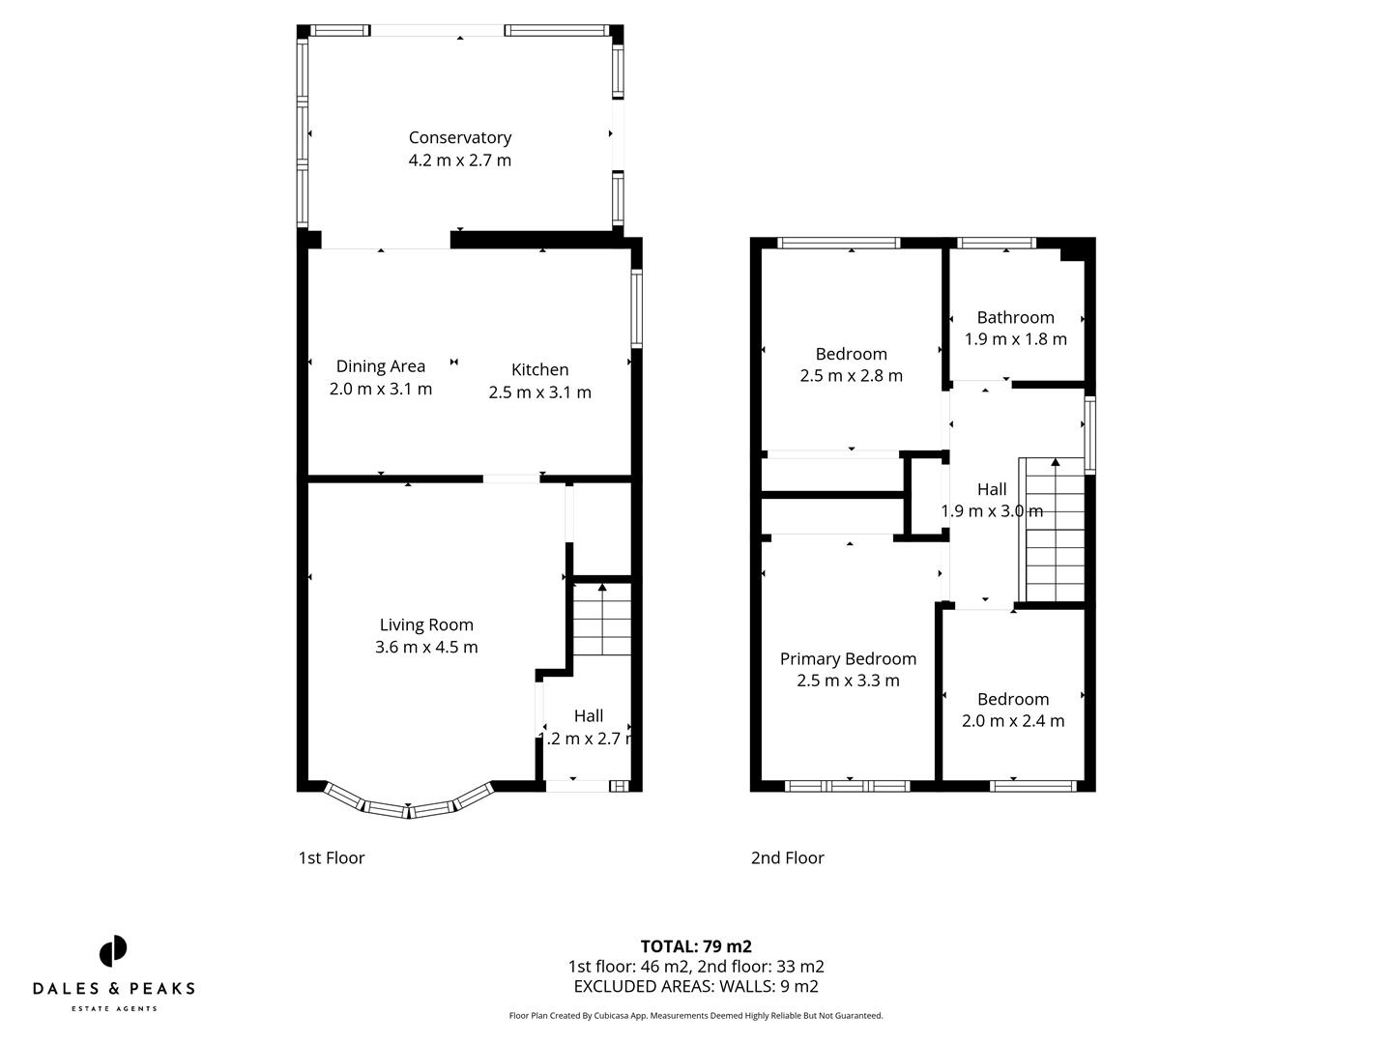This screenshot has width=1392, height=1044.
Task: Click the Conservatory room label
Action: [x=459, y=137]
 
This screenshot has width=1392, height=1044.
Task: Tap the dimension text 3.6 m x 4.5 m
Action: [x=426, y=647]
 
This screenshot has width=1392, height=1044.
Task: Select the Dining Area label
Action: [x=380, y=366]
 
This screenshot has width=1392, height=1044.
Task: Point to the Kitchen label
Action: [x=539, y=369]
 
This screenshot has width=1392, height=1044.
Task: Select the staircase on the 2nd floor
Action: [x=1054, y=532]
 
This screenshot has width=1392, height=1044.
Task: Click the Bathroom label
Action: [x=1015, y=317]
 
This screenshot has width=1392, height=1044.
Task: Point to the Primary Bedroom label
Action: [x=848, y=658]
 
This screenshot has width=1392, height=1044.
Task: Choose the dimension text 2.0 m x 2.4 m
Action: [x=1013, y=720]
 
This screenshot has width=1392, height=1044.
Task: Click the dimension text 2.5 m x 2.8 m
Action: [x=851, y=375]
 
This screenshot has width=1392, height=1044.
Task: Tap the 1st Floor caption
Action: [x=332, y=857]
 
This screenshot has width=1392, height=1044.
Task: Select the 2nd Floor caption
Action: [x=787, y=857]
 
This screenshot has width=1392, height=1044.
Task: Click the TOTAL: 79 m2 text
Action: [x=696, y=946]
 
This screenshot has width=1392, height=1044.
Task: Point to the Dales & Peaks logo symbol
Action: [x=113, y=951]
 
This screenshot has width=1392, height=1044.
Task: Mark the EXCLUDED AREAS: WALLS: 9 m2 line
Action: [x=696, y=986]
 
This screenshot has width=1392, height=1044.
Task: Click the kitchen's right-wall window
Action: [x=637, y=307]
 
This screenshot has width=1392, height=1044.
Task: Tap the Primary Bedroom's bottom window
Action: [x=848, y=786]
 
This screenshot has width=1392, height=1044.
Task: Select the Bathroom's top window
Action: [x=997, y=243]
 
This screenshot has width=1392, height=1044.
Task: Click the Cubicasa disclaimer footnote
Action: [x=696, y=1016]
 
